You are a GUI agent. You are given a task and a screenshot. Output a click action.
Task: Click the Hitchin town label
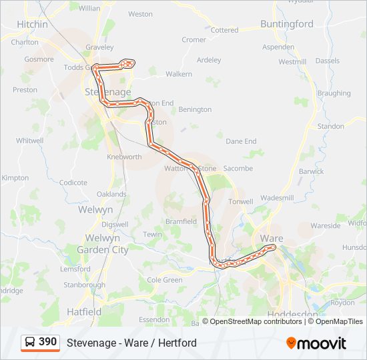coord(33,24)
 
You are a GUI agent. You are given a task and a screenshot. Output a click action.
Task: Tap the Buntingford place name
coord(287,24)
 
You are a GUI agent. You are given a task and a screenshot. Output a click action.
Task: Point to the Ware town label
coord(272,238)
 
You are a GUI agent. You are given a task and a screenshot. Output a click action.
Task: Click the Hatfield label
coord(84,311)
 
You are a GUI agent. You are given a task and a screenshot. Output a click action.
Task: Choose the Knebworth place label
coord(124,157)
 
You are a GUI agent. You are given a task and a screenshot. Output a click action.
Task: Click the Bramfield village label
coord(181,221)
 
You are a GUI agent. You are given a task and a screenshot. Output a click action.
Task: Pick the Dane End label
coord(241,141)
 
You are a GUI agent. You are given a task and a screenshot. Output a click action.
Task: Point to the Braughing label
coord(334,93)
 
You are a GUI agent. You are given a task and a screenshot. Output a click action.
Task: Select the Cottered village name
coord(224,30)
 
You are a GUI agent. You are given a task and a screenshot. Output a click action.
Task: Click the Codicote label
coord(73,182)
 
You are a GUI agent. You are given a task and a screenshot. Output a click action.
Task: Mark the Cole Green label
coord(164,280)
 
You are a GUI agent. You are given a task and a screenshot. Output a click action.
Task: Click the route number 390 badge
coord(47,342)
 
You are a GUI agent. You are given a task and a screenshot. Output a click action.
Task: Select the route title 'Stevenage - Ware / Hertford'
coord(131,343)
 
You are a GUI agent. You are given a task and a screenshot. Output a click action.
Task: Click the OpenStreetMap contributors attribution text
coord(256,321)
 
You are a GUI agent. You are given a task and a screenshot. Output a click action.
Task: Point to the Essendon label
coord(154,319)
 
